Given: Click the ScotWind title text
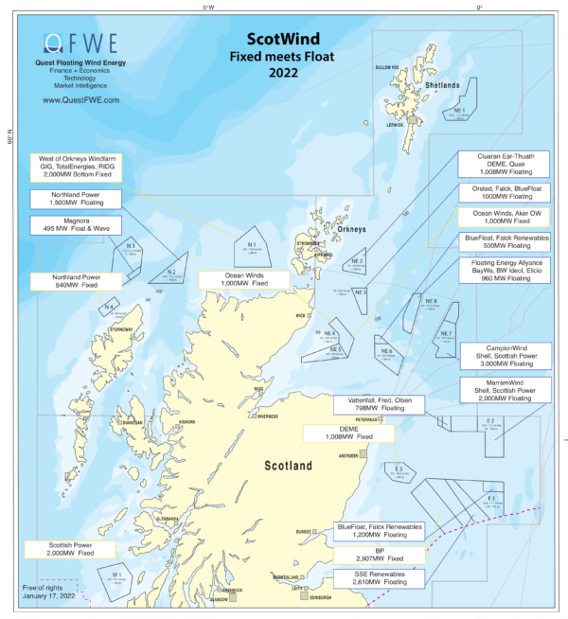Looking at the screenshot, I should [283, 40].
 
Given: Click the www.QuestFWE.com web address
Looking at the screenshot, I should [80, 98].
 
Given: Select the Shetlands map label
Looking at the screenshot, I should [441, 84].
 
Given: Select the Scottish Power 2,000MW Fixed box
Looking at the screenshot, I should [66, 550].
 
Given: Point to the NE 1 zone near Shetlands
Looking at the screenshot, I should [459, 115].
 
